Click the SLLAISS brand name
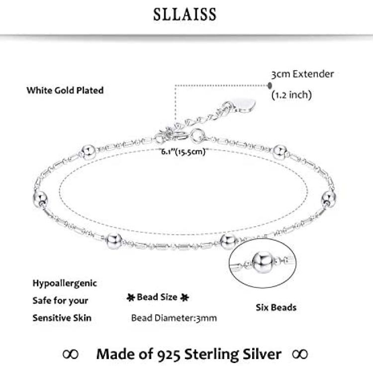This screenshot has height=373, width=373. (185, 14)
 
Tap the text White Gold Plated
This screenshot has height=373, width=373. (65, 91)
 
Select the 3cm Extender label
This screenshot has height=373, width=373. (302, 74)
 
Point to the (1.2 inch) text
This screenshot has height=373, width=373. (291, 95)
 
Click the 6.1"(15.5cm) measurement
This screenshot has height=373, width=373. (183, 152)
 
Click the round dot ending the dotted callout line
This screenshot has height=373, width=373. (270, 85)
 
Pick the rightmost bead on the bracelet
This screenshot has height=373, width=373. (329, 198)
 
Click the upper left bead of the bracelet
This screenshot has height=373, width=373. (88, 152)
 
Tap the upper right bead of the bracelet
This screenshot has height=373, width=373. (280, 152)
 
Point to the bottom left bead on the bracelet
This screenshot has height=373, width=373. (114, 241)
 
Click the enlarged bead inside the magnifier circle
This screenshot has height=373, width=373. (263, 263)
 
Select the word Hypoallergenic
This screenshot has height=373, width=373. (65, 283)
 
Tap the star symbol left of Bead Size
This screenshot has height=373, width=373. (131, 297)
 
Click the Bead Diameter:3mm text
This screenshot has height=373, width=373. (174, 318)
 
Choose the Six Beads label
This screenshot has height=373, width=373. (276, 307)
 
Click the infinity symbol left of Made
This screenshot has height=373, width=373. (71, 354)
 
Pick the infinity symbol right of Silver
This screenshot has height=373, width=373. (300, 354)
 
